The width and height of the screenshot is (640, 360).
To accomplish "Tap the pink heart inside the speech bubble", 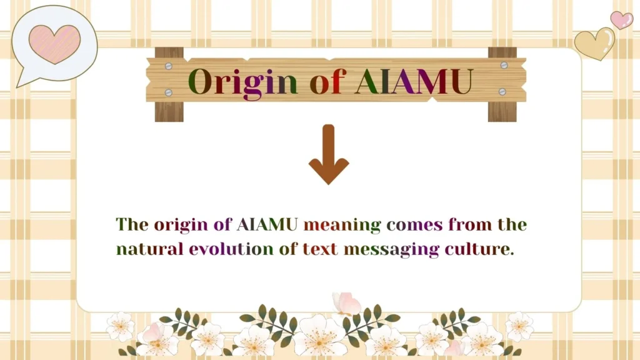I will (x=54, y=44).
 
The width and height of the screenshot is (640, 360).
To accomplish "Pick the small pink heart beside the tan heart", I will (x=621, y=20).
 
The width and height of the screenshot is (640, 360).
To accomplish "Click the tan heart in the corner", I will (x=594, y=44).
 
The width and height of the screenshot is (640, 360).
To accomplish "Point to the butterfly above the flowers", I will (x=346, y=304).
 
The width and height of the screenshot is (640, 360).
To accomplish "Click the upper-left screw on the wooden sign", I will (x=168, y=65).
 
